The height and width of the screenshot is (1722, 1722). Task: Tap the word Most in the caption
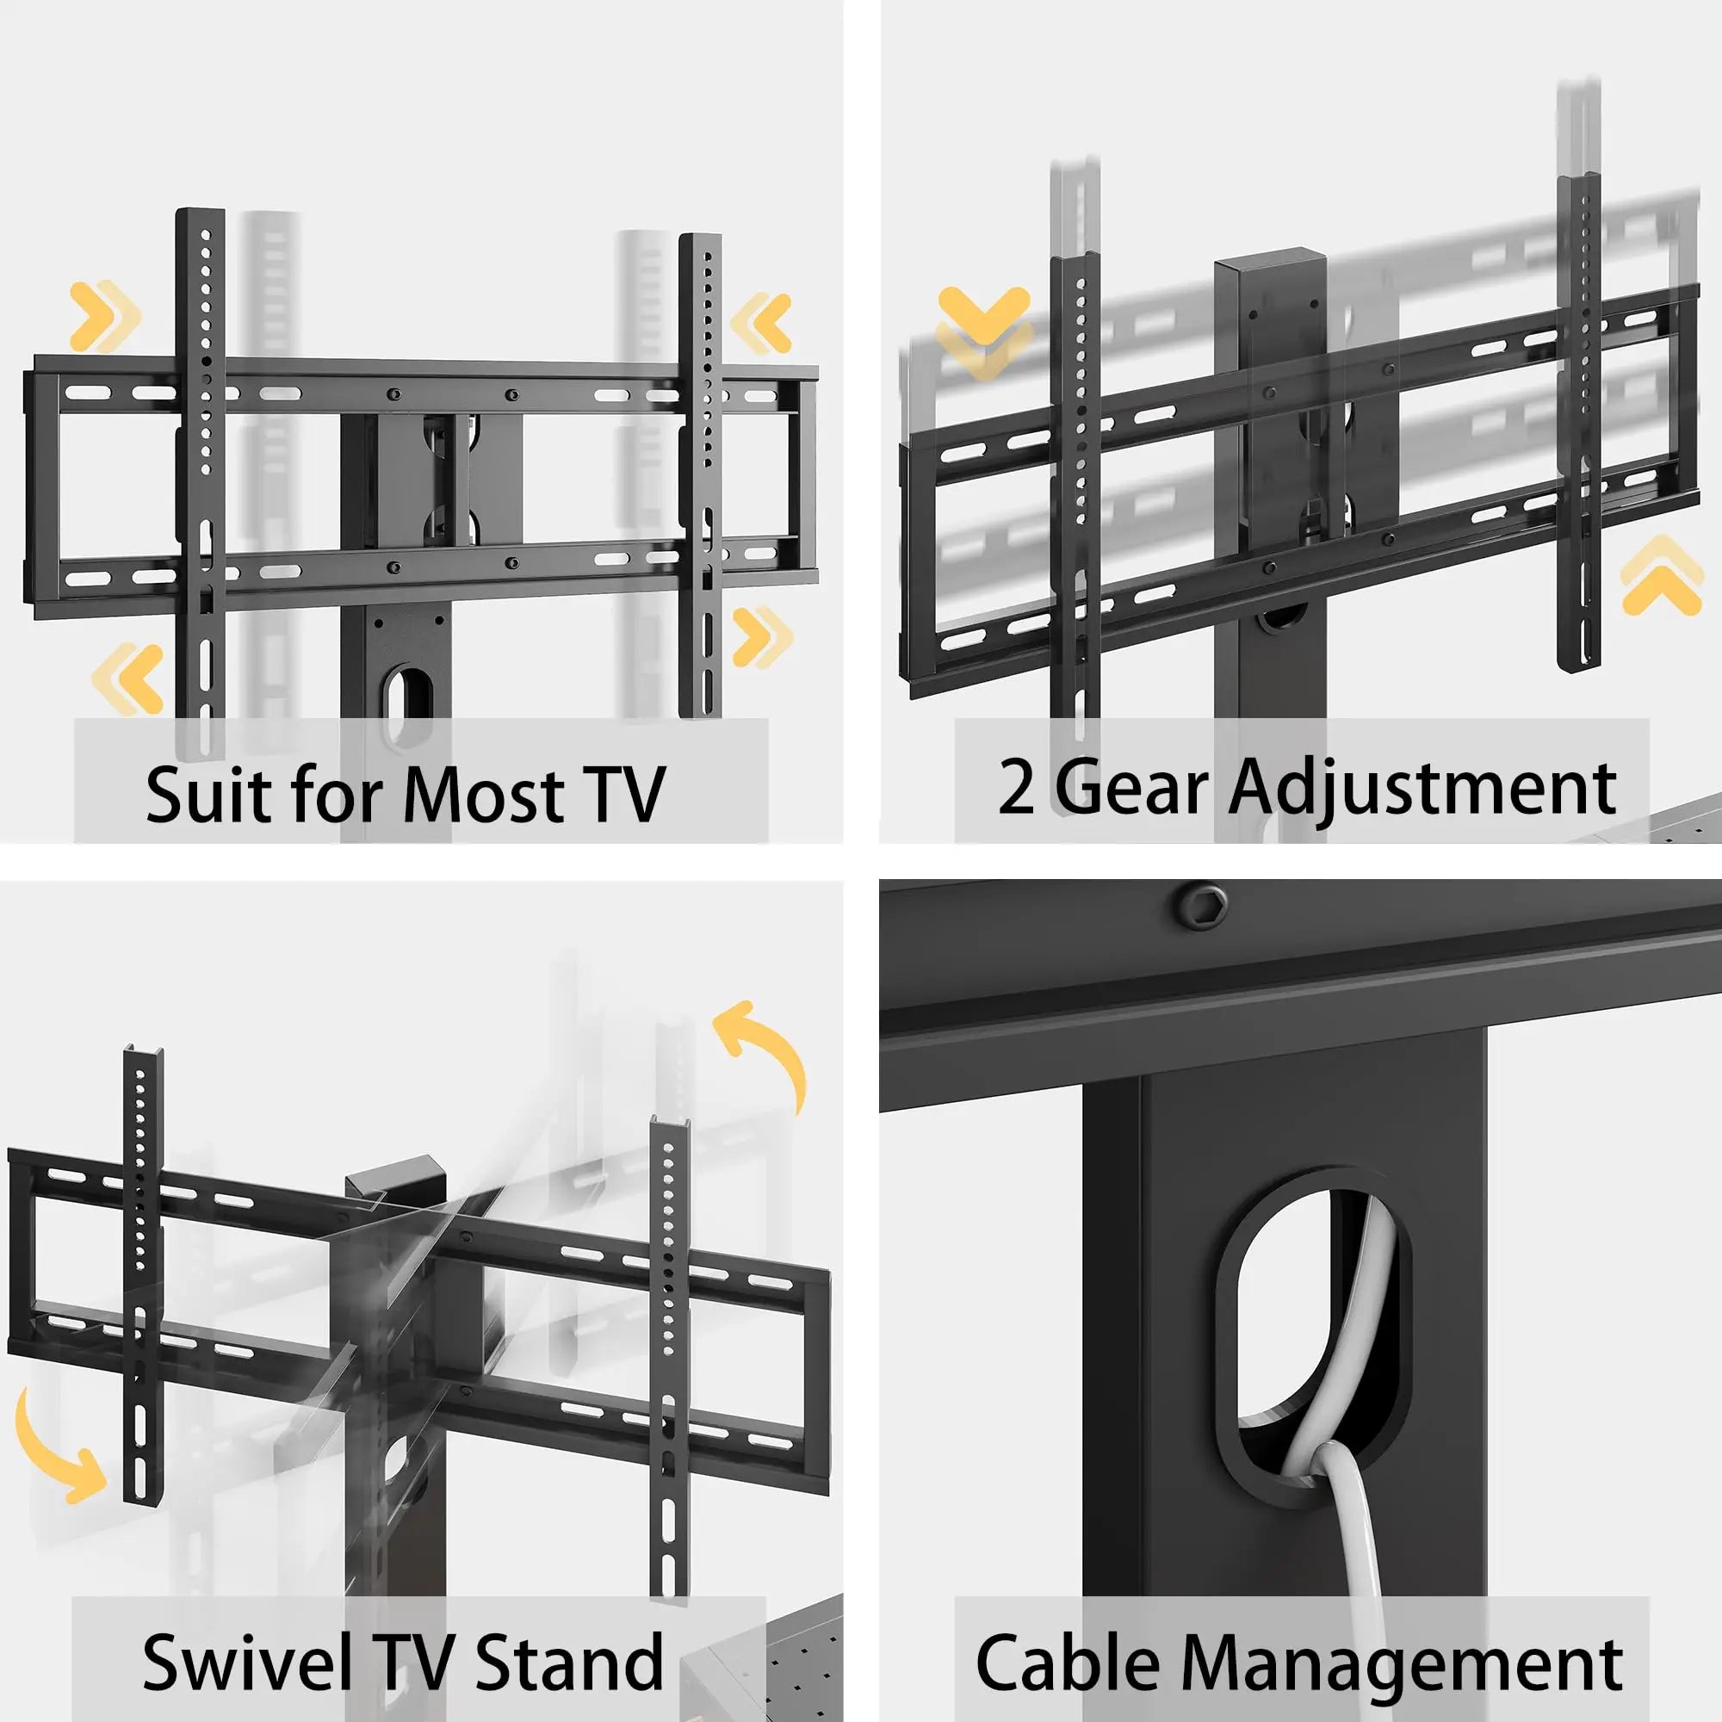pyautogui.click(x=482, y=792)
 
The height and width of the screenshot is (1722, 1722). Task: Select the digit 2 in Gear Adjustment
pyautogui.click(x=1016, y=788)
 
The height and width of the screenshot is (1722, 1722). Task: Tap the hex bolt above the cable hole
pyautogui.click(x=1200, y=907)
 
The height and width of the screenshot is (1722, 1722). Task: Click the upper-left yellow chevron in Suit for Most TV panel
pyautogui.click(x=104, y=315)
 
